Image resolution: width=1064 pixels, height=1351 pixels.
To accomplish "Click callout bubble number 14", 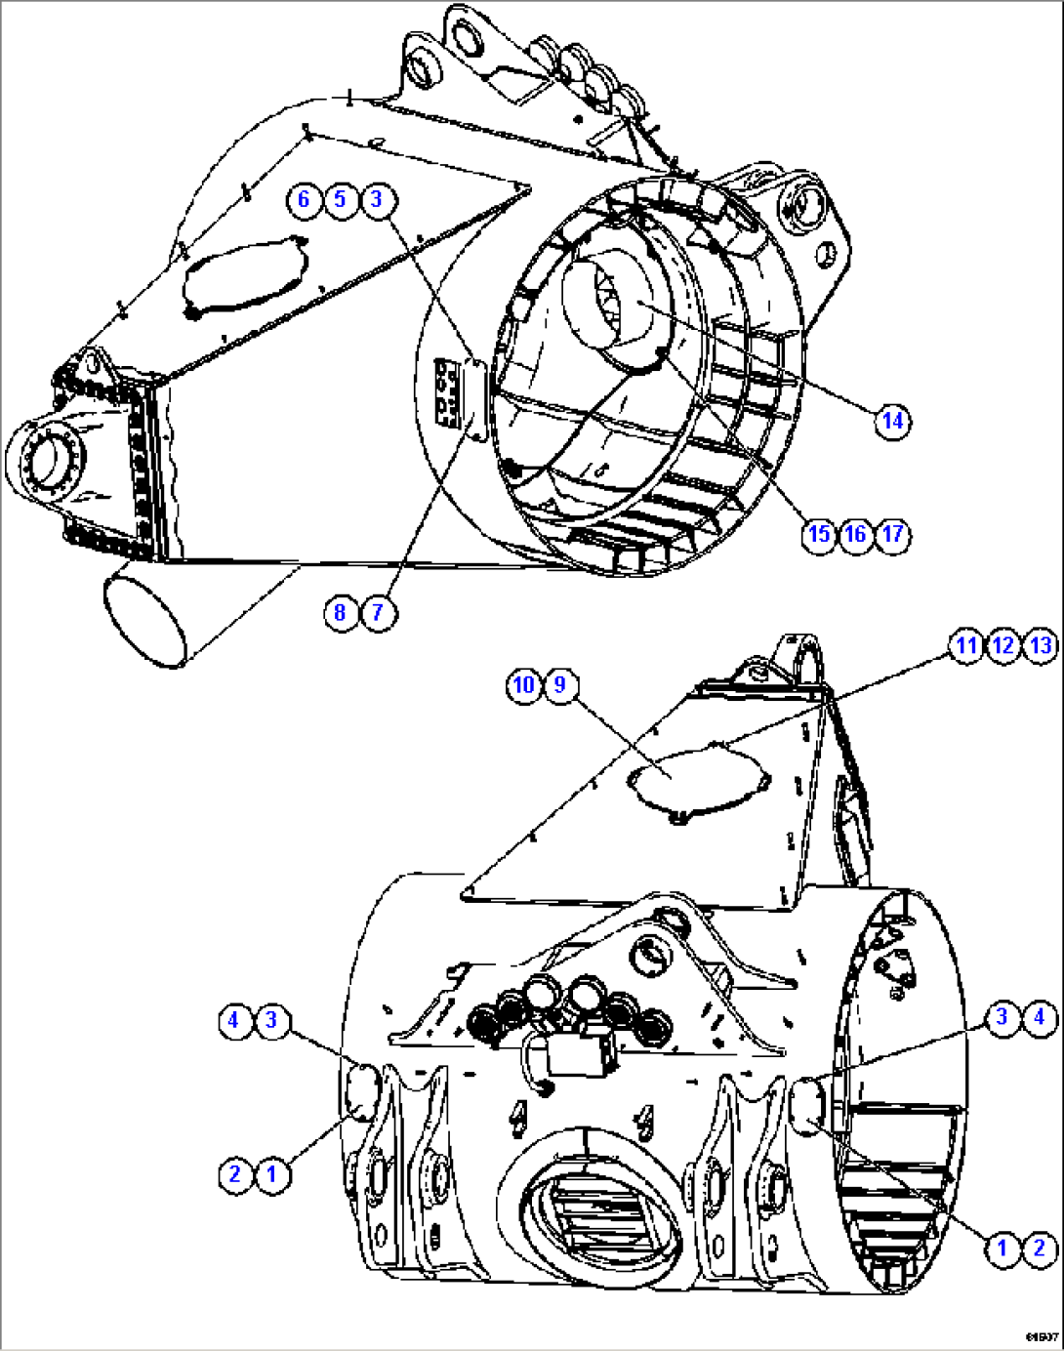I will click(892, 422).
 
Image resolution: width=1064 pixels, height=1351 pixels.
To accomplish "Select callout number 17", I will click(892, 534).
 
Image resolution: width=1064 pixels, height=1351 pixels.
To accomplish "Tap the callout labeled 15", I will click(819, 534).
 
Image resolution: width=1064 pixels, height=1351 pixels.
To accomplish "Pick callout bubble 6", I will click(304, 199).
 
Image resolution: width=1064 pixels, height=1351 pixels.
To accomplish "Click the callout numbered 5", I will click(340, 199).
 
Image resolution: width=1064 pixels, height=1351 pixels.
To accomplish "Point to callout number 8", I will click(340, 612).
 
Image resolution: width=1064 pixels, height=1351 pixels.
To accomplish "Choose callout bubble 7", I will click(378, 612).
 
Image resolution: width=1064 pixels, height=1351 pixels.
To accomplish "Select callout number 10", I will click(523, 684).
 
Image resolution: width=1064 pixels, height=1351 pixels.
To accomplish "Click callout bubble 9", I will click(559, 684).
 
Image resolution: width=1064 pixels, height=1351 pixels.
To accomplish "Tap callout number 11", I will click(965, 645).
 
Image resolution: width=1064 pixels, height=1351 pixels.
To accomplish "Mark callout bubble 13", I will click(1041, 645).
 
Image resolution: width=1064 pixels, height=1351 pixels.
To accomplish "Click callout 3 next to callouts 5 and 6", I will click(378, 199).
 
